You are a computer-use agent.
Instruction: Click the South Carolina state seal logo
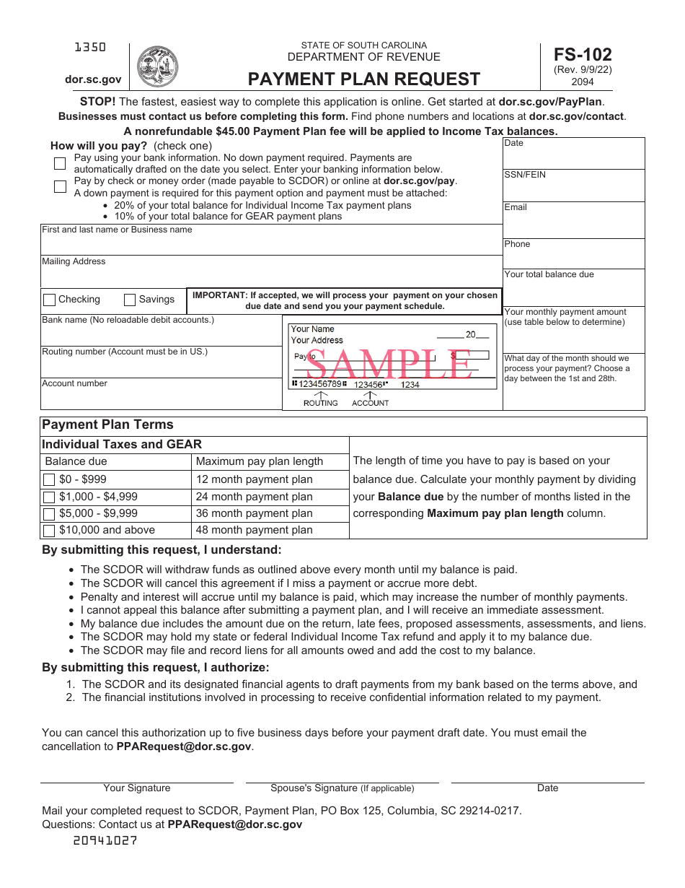[157, 66]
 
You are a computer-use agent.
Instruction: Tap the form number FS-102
[583, 54]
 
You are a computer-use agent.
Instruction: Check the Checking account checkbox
[50, 300]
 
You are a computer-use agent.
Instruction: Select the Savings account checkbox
[131, 300]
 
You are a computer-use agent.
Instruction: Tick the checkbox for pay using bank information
[60, 163]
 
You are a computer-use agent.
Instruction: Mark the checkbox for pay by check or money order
[60, 186]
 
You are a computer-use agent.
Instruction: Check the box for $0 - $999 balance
[49, 480]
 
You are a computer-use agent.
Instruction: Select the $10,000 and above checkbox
[49, 531]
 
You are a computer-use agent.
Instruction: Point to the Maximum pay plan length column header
[260, 461]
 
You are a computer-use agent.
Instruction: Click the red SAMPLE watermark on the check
[389, 364]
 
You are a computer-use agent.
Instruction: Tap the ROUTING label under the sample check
[320, 403]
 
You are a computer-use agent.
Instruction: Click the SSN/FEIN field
[573, 186]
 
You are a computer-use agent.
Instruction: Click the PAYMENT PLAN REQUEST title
[364, 79]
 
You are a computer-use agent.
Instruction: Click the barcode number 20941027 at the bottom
[105, 840]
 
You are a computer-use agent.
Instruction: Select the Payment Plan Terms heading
[107, 425]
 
